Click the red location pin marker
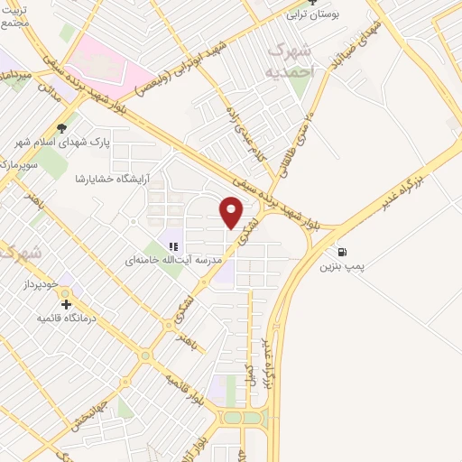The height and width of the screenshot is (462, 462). [x=232, y=212]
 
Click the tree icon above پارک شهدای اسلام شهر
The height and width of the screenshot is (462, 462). [x=61, y=128]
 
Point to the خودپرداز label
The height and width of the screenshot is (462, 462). [x=41, y=285]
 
